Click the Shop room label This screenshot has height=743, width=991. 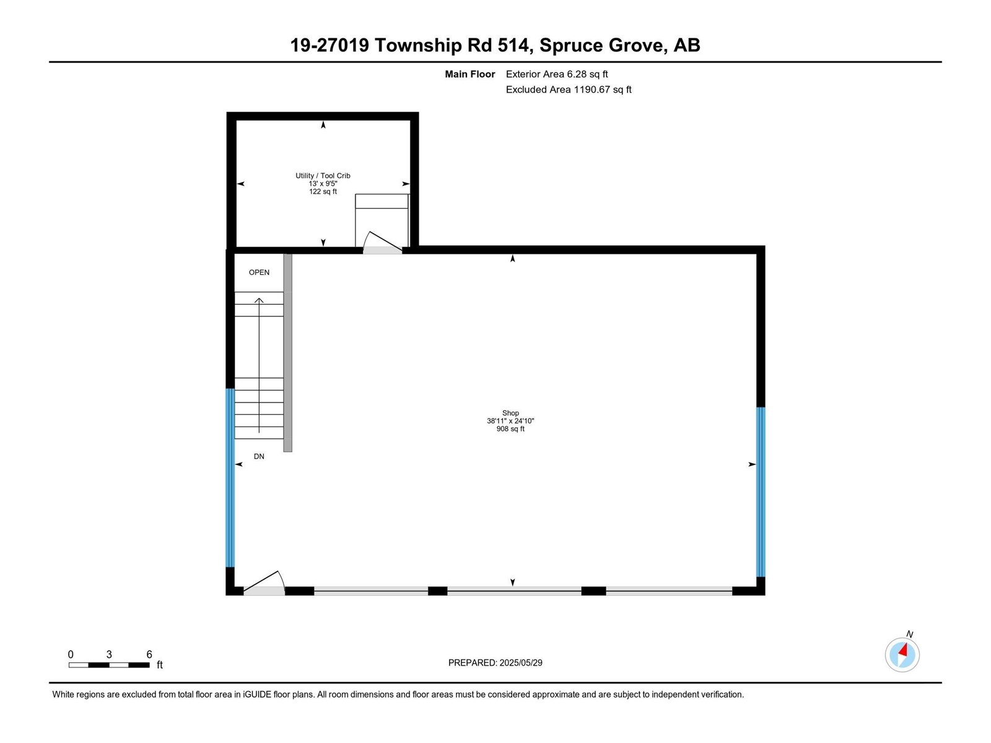coord(510,413)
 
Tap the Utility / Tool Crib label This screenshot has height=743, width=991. coord(323,176)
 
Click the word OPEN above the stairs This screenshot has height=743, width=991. coord(259,272)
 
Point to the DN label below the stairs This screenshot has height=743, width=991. coord(259,456)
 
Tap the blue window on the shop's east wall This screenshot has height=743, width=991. coord(761,492)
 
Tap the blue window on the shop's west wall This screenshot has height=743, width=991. coord(230,477)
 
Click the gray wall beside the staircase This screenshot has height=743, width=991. coord(287,352)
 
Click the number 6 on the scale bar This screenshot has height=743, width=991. coord(149,654)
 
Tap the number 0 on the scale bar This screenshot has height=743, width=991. coord(71,654)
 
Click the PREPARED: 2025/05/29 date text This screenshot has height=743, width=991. coord(495,663)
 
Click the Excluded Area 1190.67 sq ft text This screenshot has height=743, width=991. coord(568,90)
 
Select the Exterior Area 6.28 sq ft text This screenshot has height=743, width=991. coord(556,74)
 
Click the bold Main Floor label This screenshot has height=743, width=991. coord(469,74)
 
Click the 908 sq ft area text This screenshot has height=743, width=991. coord(510,429)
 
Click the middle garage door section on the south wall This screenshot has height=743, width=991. coord(513,591)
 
